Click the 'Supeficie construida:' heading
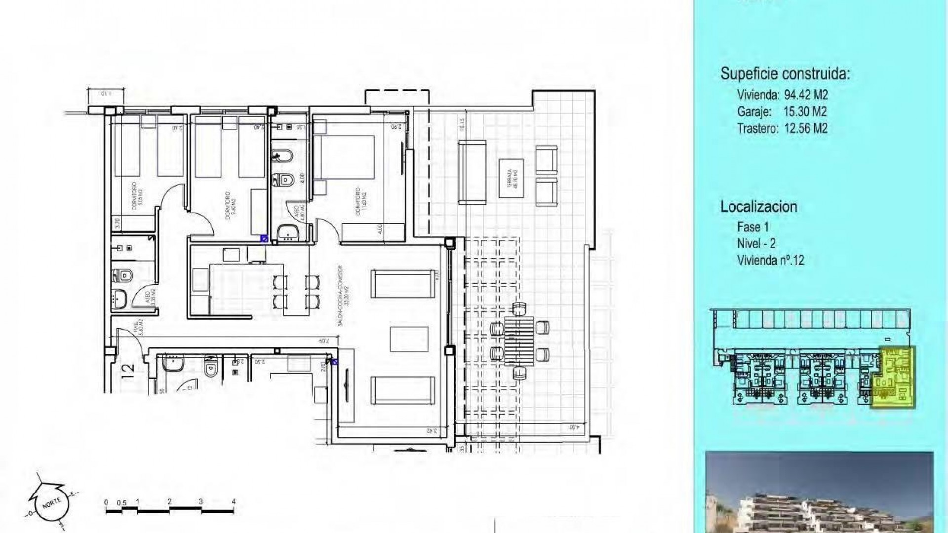coord(785,74)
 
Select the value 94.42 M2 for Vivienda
coord(806,95)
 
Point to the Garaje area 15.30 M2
coord(805,112)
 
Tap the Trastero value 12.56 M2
coord(806,128)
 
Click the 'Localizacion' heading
coord(759,206)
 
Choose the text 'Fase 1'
coord(753,227)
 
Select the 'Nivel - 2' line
coord(756,243)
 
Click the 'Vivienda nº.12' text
coord(771,260)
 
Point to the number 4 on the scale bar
coord(234,502)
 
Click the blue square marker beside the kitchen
coord(264,239)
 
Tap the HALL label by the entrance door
coord(138,329)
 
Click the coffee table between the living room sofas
coord(409,340)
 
